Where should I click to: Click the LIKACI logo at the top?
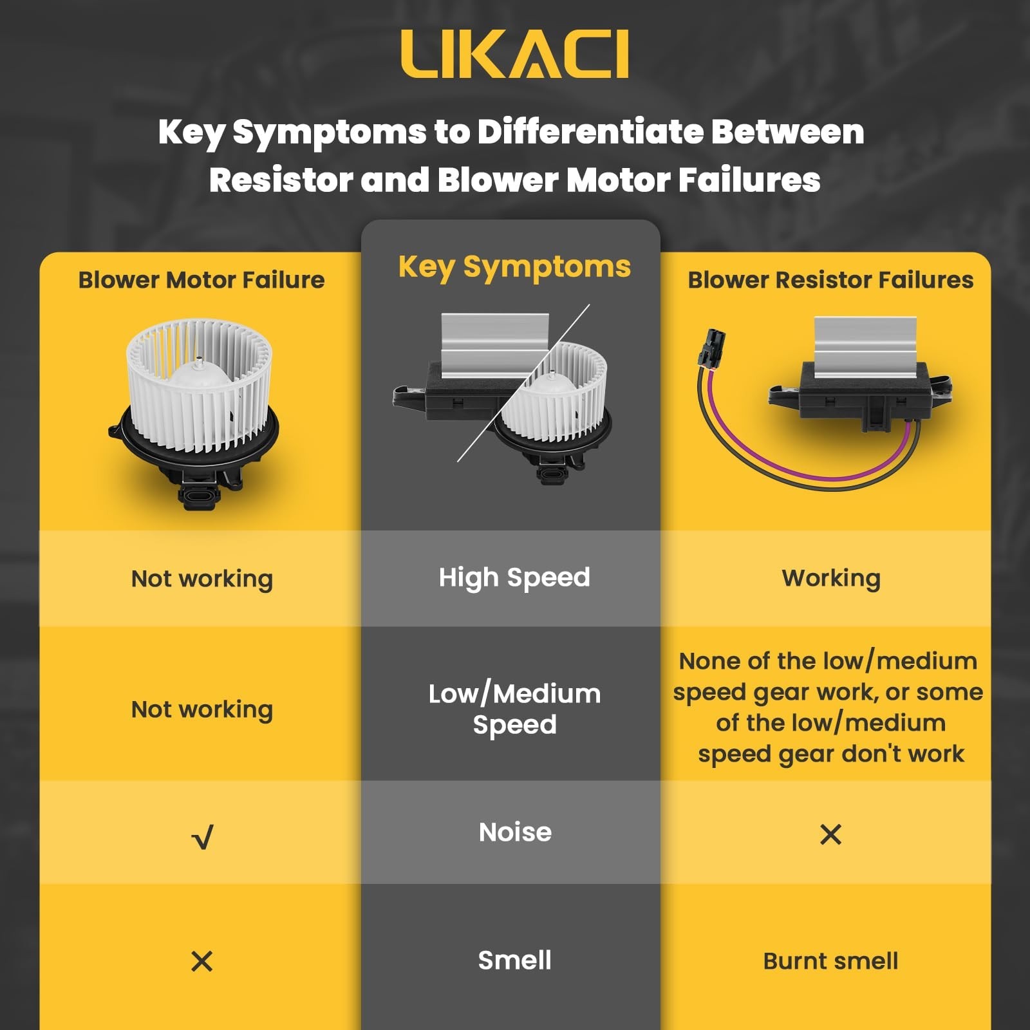(514, 55)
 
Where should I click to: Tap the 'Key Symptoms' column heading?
(514, 267)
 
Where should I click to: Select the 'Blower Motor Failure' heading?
(201, 280)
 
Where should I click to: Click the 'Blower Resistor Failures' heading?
(830, 280)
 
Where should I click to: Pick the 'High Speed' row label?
(514, 578)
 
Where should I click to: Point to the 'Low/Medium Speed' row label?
(514, 709)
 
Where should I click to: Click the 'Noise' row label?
(515, 832)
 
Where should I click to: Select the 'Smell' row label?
(514, 960)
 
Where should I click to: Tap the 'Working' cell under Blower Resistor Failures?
(831, 579)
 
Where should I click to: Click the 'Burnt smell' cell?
(830, 960)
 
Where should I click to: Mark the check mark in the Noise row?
(202, 837)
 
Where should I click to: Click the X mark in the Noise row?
(830, 834)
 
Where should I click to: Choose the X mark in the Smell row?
(202, 961)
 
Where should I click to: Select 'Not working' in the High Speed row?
(202, 579)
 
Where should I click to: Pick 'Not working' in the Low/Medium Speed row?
(202, 709)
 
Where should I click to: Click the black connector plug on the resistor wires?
(713, 347)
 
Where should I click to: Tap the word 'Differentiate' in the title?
(590, 132)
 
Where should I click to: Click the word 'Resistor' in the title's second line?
(281, 180)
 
